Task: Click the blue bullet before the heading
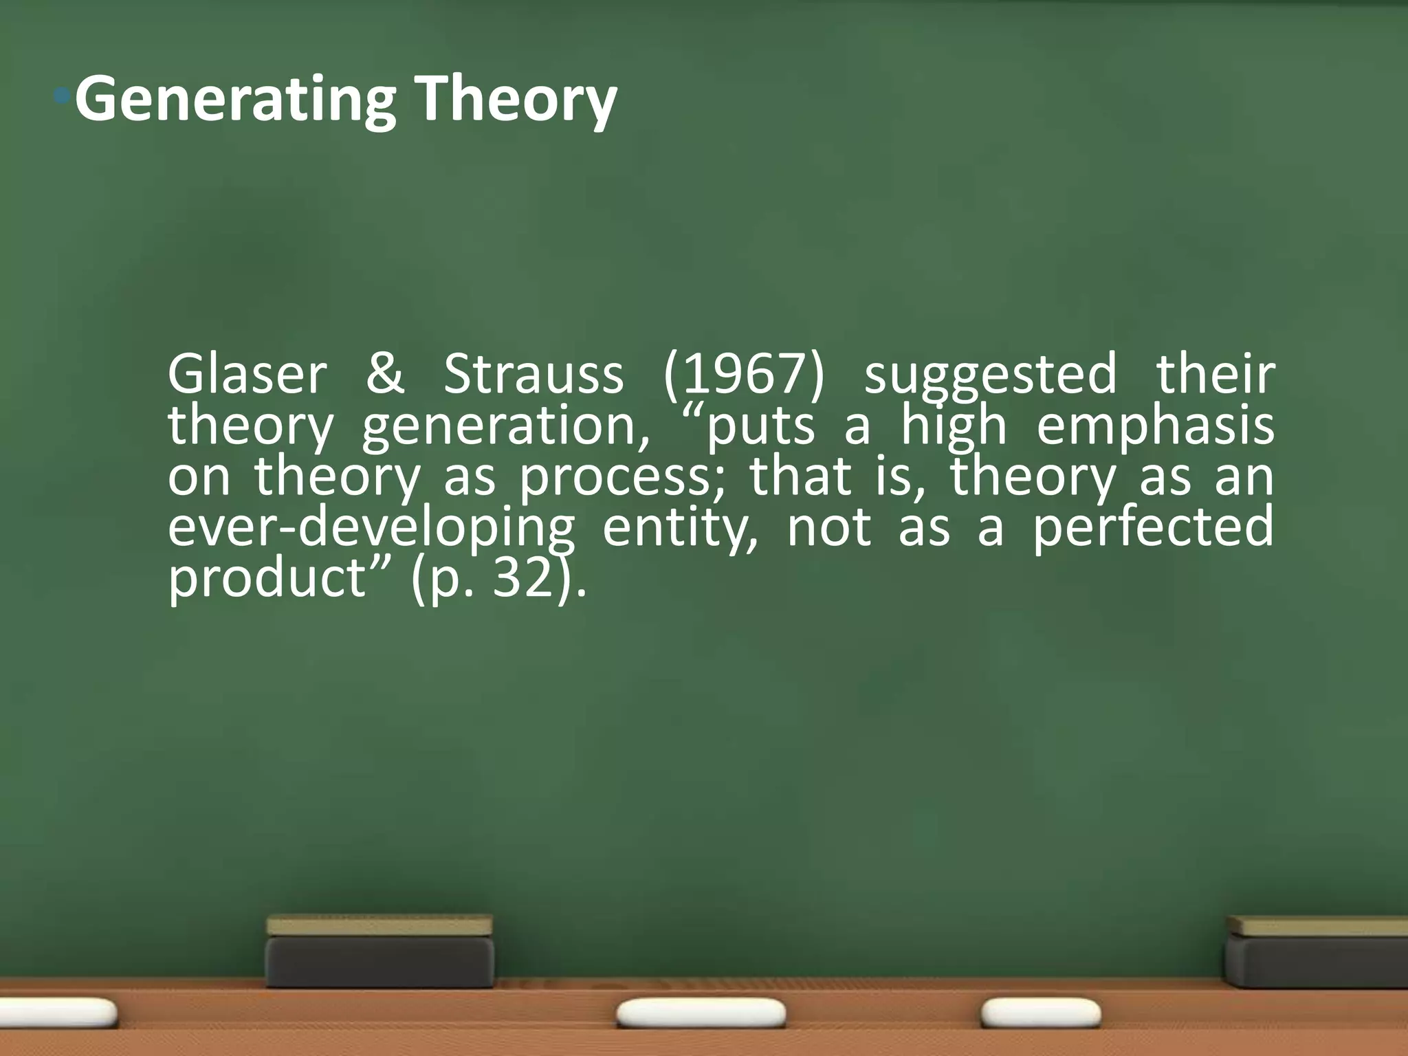(x=63, y=97)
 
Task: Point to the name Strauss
(x=533, y=375)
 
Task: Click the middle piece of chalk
(x=701, y=1013)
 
